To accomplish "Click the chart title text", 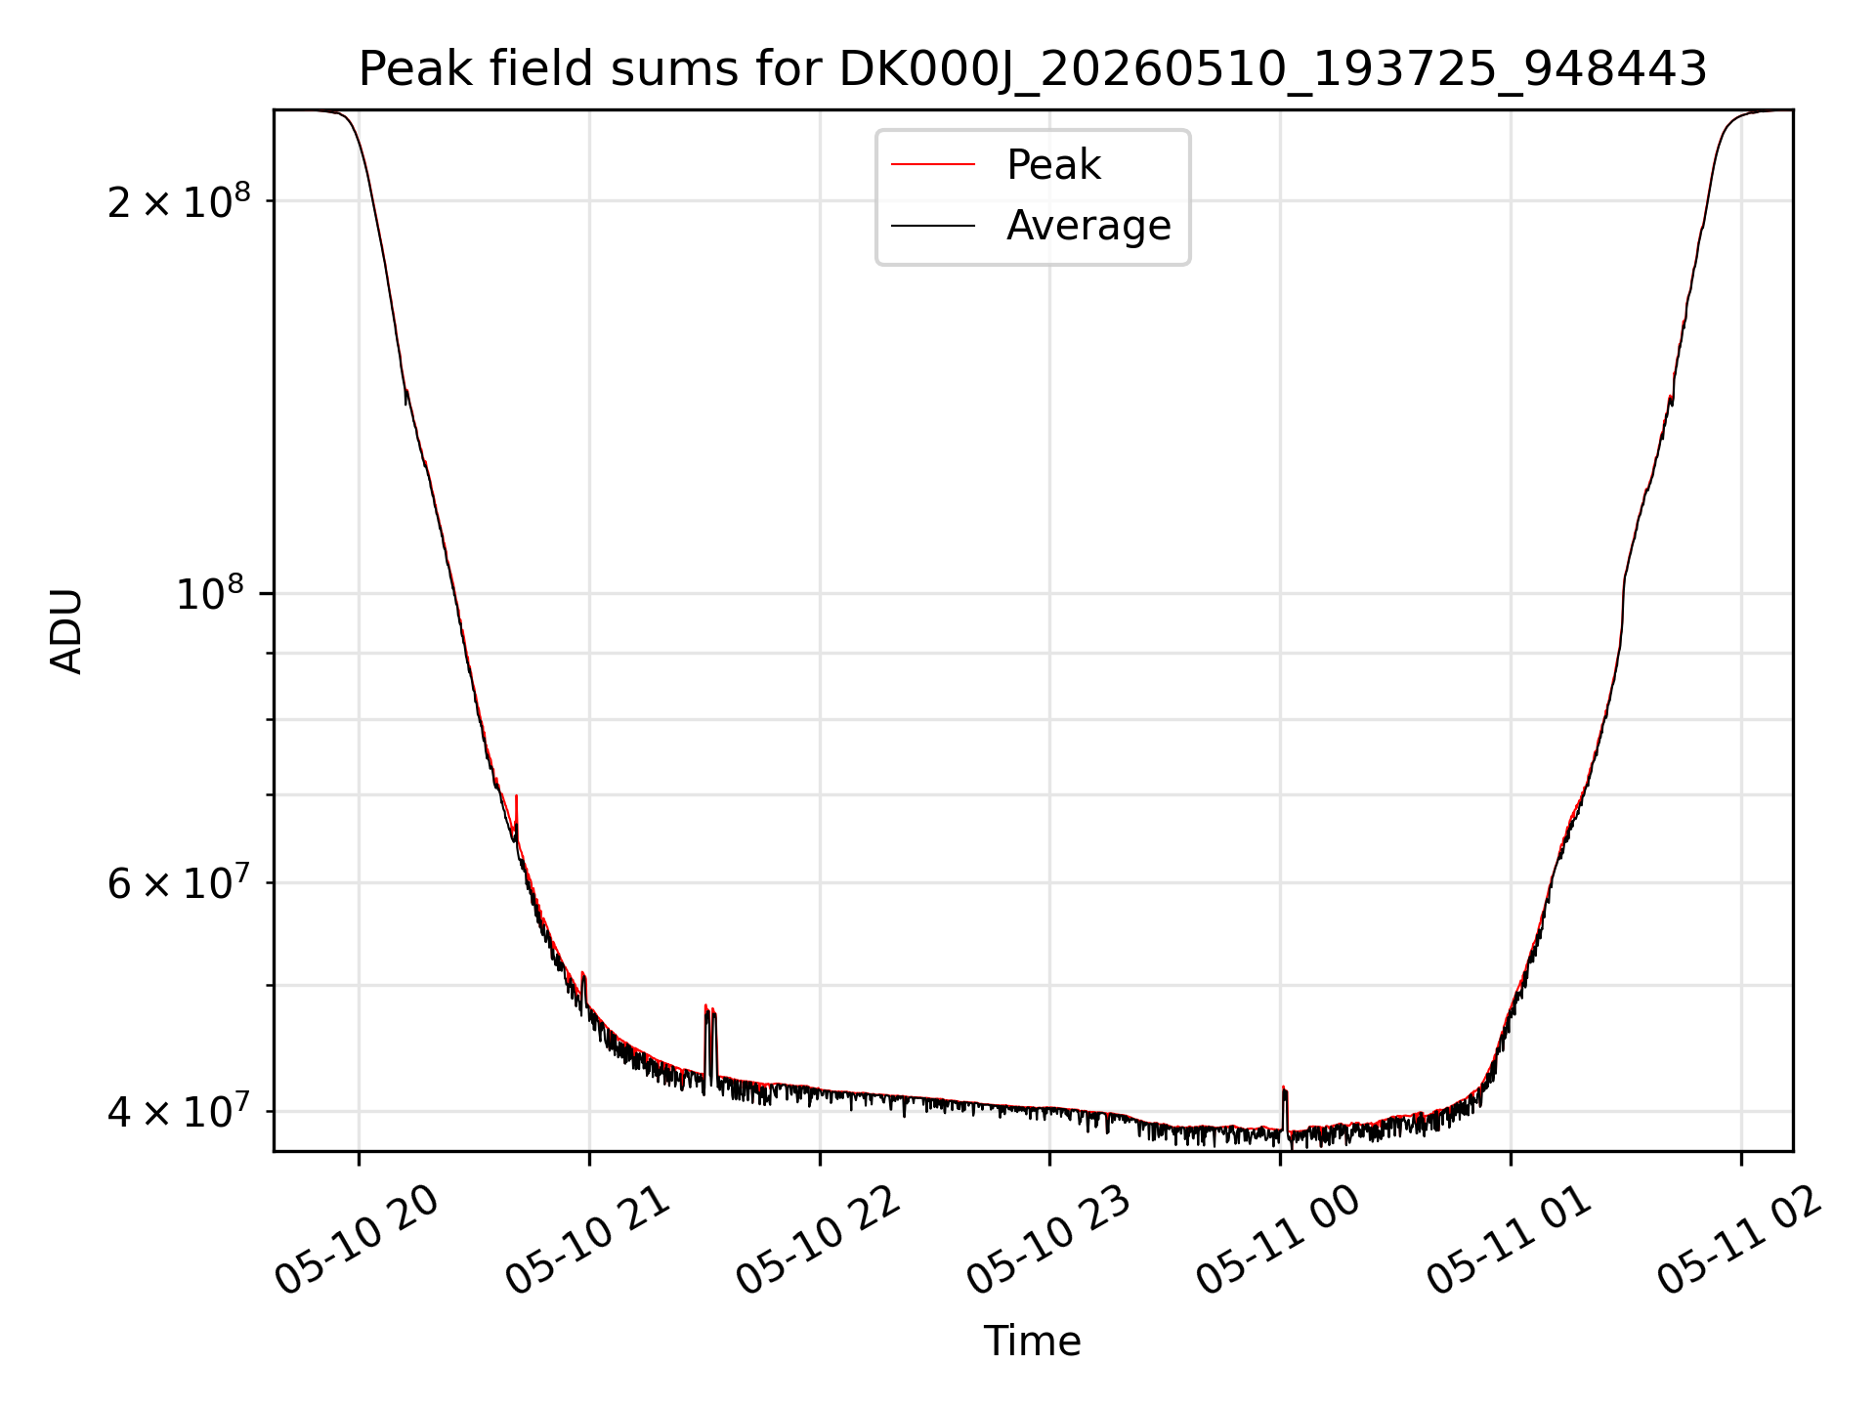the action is (x=1033, y=69).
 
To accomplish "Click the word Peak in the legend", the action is (x=1053, y=165).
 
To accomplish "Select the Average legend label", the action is (x=1088, y=226).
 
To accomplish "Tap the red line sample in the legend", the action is (x=933, y=165).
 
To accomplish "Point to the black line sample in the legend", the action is (x=933, y=226).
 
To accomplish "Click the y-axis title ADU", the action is (x=66, y=631).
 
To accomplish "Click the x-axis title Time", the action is (x=1033, y=1342).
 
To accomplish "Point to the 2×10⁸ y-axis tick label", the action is (x=179, y=201).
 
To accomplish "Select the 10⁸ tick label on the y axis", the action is (x=213, y=593).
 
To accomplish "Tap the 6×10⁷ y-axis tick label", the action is (x=179, y=882).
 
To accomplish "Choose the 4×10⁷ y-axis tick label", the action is (x=179, y=1111).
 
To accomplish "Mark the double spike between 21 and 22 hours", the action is (x=710, y=1045).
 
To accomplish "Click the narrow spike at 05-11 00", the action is (x=1285, y=1110).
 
